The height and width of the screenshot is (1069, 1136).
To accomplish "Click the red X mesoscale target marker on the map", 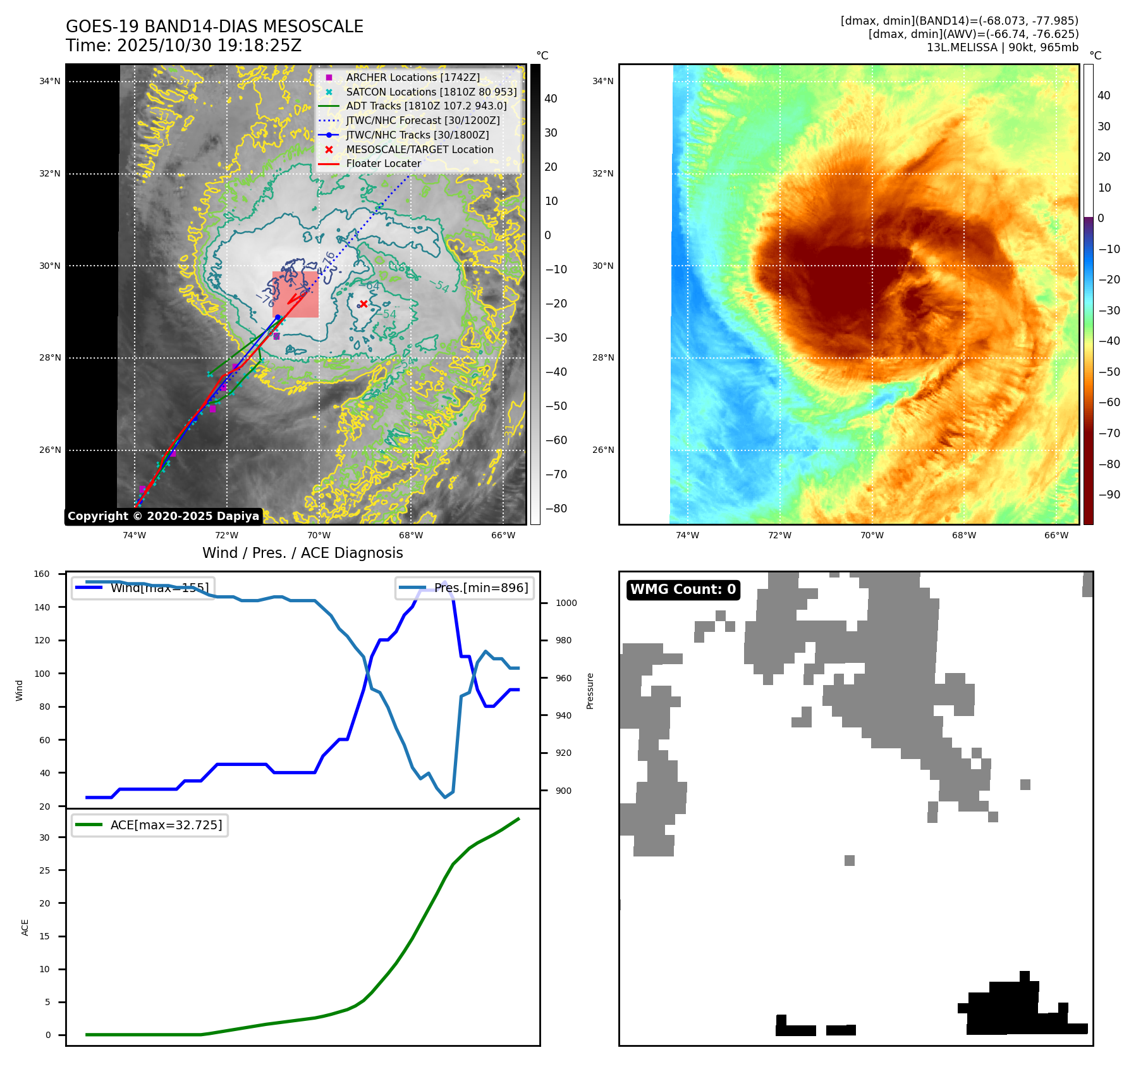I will tap(363, 304).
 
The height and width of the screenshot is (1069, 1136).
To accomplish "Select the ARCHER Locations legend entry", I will tap(412, 77).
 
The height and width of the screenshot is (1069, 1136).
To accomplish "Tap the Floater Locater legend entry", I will tap(383, 163).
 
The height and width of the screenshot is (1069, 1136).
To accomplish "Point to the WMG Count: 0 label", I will tap(683, 590).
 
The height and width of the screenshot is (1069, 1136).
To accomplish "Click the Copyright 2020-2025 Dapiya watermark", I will tap(163, 516).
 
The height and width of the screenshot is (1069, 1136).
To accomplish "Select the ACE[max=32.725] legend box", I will tap(150, 825).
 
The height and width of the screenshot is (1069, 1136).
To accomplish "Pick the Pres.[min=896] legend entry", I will tap(465, 588).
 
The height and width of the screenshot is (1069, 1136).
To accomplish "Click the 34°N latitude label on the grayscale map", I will tap(50, 81).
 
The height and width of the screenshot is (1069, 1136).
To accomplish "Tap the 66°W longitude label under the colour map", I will tap(1056, 535).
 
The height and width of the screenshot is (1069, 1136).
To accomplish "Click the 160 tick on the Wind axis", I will tap(42, 574).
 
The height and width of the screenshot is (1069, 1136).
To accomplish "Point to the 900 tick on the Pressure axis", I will tap(566, 791).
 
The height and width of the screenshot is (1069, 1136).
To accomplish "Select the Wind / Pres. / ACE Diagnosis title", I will tap(302, 553).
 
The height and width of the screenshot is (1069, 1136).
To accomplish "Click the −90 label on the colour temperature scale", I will tap(1109, 495).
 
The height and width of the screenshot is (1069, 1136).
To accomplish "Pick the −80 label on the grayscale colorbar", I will tap(556, 509).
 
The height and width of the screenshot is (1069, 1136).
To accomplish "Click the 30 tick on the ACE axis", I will tap(44, 837).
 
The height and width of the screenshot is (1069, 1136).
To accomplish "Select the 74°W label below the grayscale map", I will tap(134, 535).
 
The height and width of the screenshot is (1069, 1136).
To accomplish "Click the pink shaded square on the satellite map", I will tap(295, 295).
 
